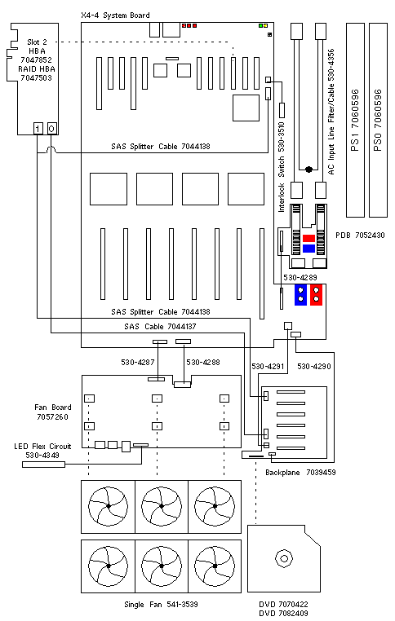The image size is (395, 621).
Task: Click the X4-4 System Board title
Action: click(115, 15)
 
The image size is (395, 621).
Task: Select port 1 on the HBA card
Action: click(38, 128)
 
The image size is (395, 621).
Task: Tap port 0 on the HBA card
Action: click(52, 128)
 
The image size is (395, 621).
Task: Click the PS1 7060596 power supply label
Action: click(355, 120)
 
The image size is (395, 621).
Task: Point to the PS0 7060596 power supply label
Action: click(378, 120)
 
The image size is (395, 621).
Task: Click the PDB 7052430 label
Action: click(360, 236)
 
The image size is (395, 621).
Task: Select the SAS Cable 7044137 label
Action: click(160, 326)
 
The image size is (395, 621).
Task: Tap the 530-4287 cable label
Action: click(138, 362)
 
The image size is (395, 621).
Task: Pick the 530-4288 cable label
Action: click(203, 362)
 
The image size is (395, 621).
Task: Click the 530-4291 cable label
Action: click(268, 367)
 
